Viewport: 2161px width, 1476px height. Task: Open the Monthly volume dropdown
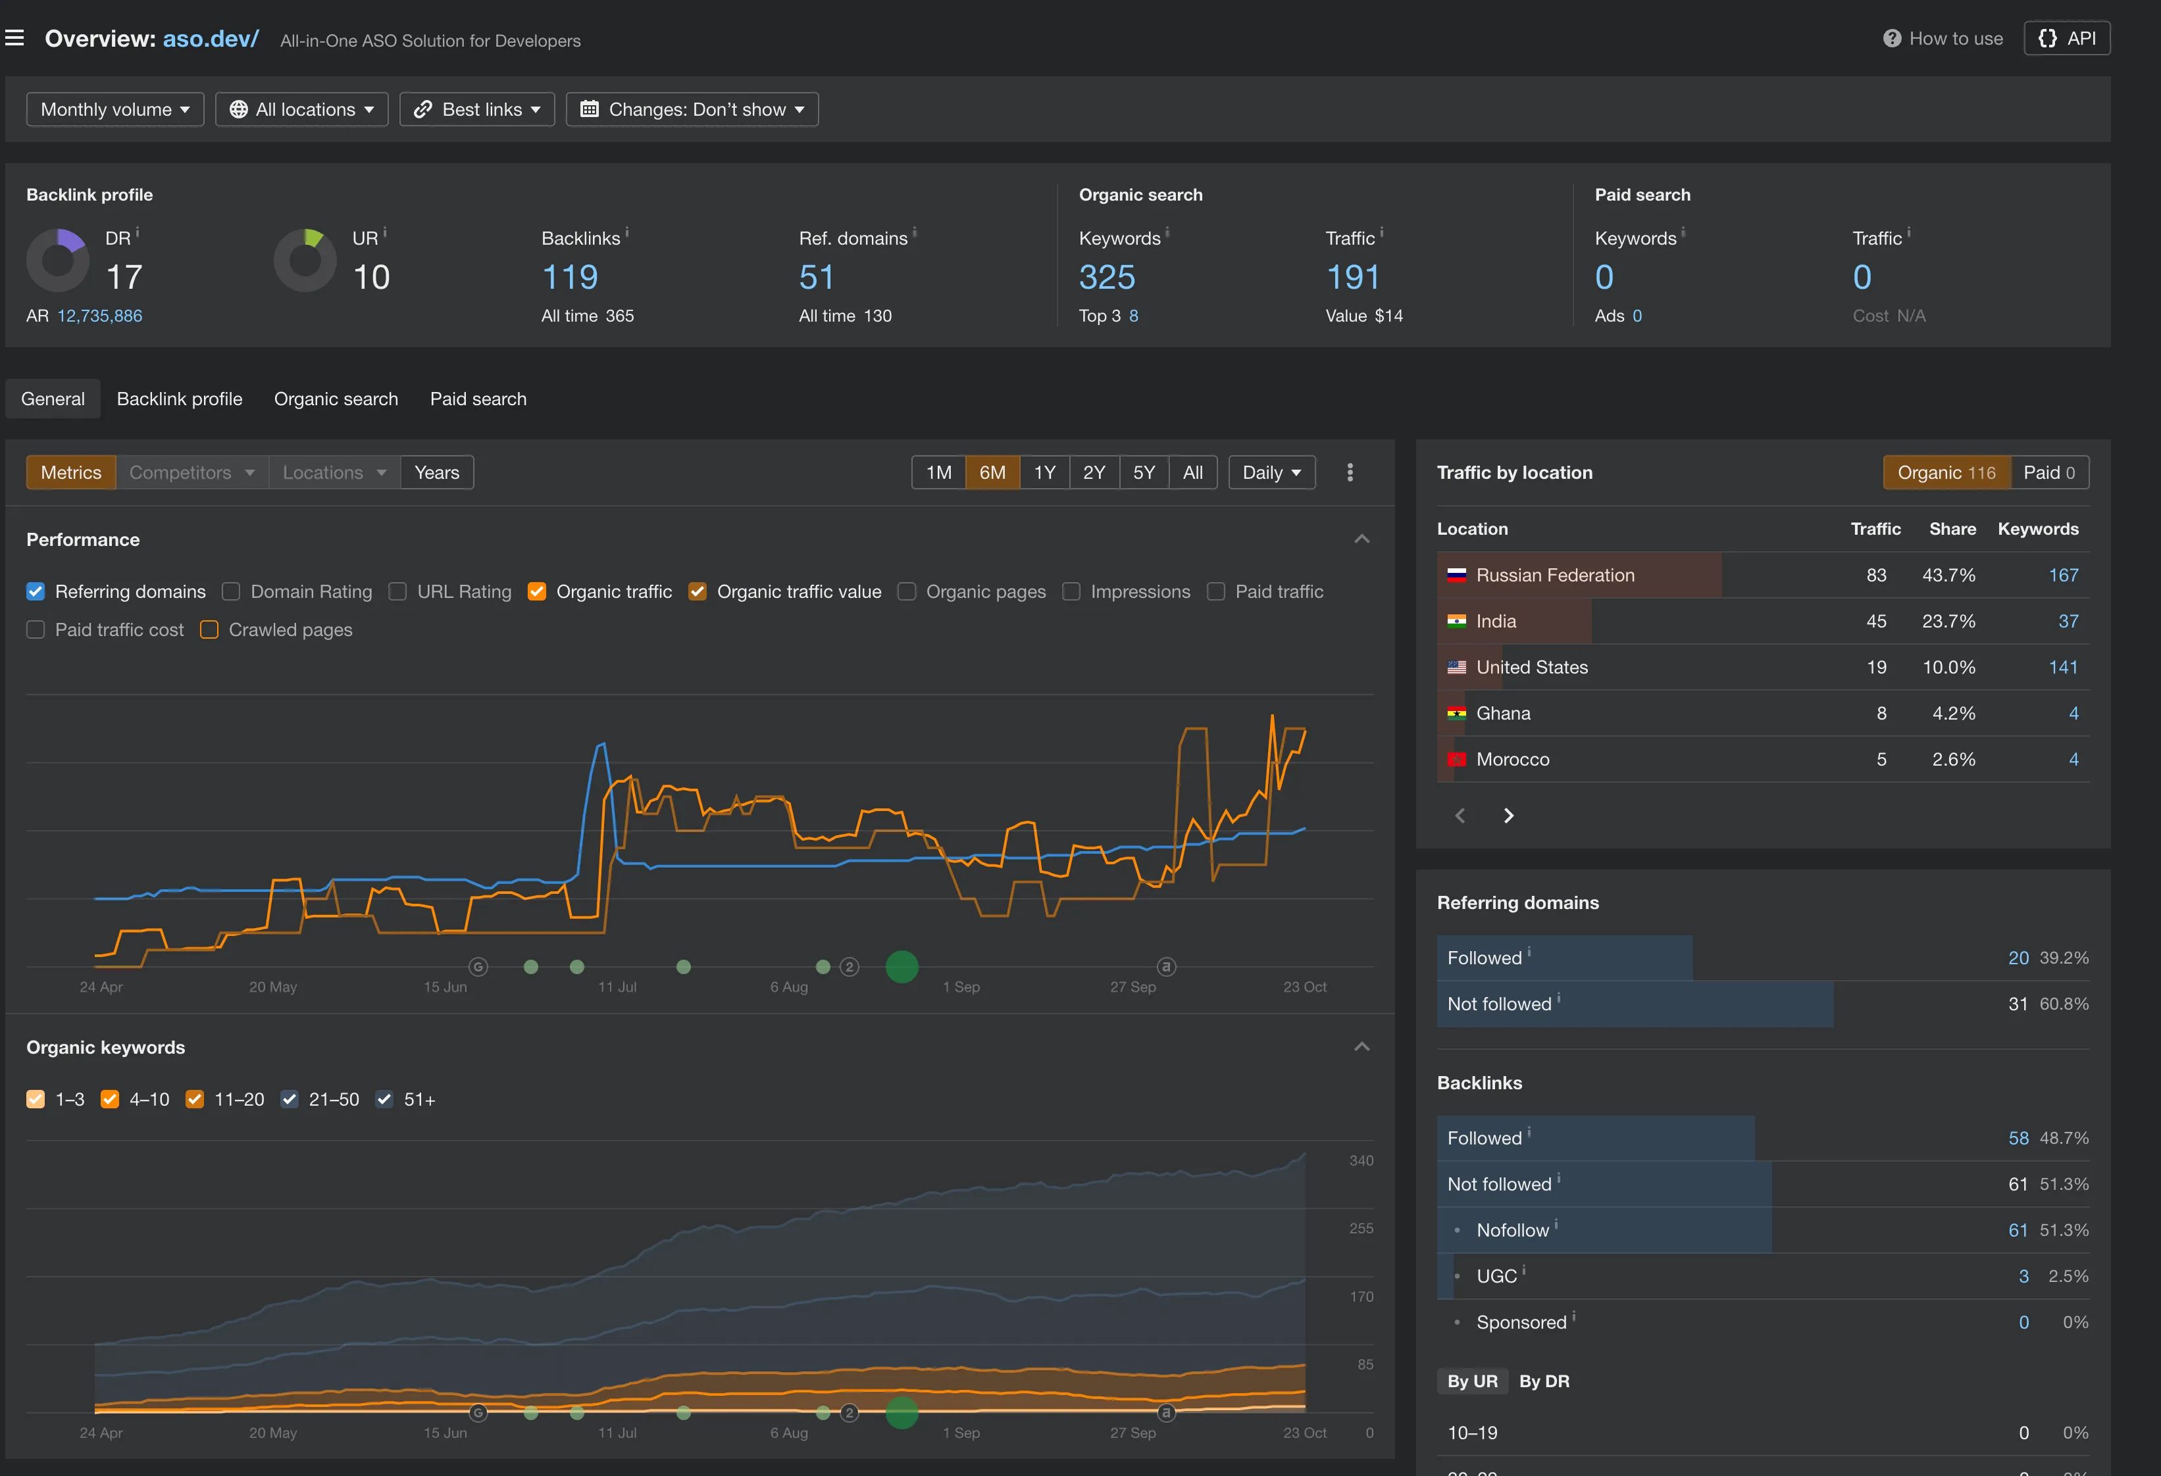point(115,110)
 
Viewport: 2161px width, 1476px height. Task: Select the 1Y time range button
point(1044,472)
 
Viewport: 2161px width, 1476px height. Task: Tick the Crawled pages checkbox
point(210,630)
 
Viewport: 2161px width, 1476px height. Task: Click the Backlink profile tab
point(180,399)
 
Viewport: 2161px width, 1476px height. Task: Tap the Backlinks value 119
point(570,277)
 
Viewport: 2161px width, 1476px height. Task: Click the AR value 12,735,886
point(99,316)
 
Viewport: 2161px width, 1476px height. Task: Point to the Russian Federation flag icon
point(1456,576)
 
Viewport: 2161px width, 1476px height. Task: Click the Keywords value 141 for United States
point(2062,668)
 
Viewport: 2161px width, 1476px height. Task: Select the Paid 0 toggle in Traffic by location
point(2048,472)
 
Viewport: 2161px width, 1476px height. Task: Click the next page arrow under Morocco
point(1508,815)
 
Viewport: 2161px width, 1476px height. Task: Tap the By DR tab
point(1544,1381)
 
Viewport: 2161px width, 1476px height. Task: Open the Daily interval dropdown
point(1271,472)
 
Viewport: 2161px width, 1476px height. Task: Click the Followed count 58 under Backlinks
point(2018,1138)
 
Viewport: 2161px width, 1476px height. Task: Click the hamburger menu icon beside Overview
point(15,38)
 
